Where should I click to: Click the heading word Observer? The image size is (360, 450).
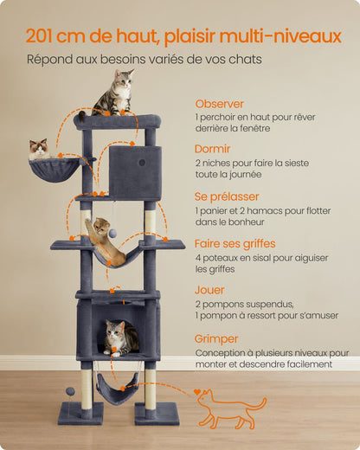219,104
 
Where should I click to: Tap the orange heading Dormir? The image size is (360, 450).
212,149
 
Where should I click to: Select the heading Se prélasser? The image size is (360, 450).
227,196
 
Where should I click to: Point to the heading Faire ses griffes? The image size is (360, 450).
235,244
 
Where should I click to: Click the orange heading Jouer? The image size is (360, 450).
209,290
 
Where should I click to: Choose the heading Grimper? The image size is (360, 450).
216,339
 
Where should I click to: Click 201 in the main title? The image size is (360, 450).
39,36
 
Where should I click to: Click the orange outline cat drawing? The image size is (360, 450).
231,409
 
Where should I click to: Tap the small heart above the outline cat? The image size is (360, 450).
197,392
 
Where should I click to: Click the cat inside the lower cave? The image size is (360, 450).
121,337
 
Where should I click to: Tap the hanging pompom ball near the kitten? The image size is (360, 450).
112,233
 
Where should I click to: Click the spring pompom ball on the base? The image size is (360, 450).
70,391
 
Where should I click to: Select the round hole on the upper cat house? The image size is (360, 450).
142,163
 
